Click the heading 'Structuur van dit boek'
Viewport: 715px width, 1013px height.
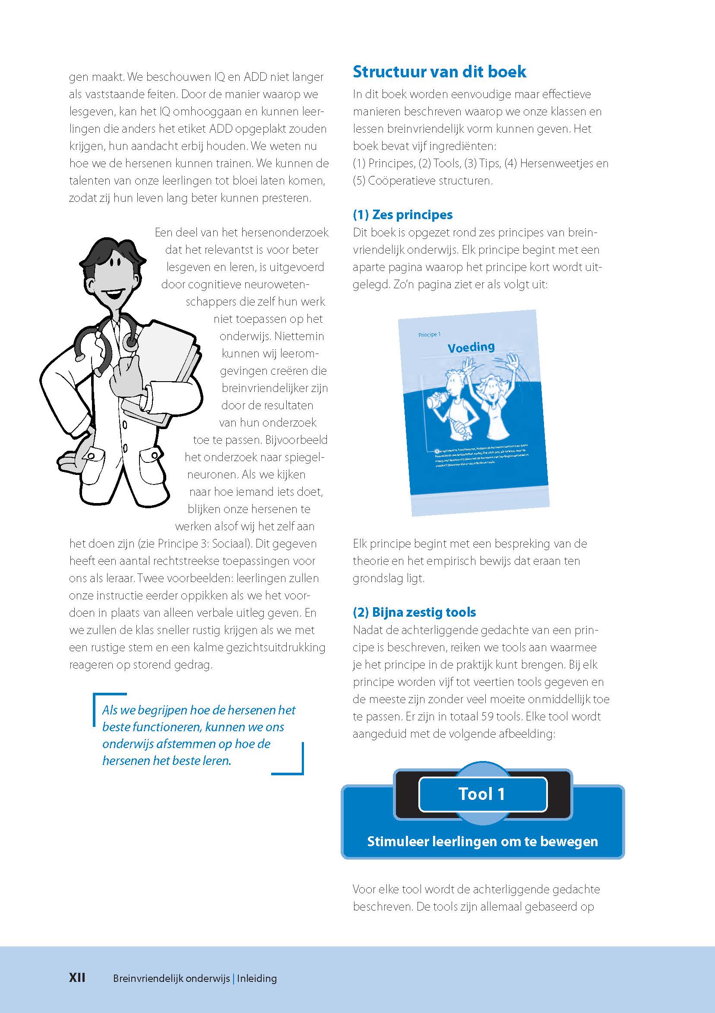coord(439,72)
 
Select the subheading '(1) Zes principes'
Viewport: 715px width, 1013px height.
coord(402,215)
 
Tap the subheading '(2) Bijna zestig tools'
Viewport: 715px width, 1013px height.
coord(414,612)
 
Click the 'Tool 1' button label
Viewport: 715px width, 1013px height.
coord(482,794)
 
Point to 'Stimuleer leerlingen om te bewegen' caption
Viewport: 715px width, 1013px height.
coord(482,841)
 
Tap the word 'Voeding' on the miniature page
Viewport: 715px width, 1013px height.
coord(471,347)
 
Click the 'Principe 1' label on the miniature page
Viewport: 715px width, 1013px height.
coord(429,335)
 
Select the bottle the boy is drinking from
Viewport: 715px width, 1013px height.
coord(437,401)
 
